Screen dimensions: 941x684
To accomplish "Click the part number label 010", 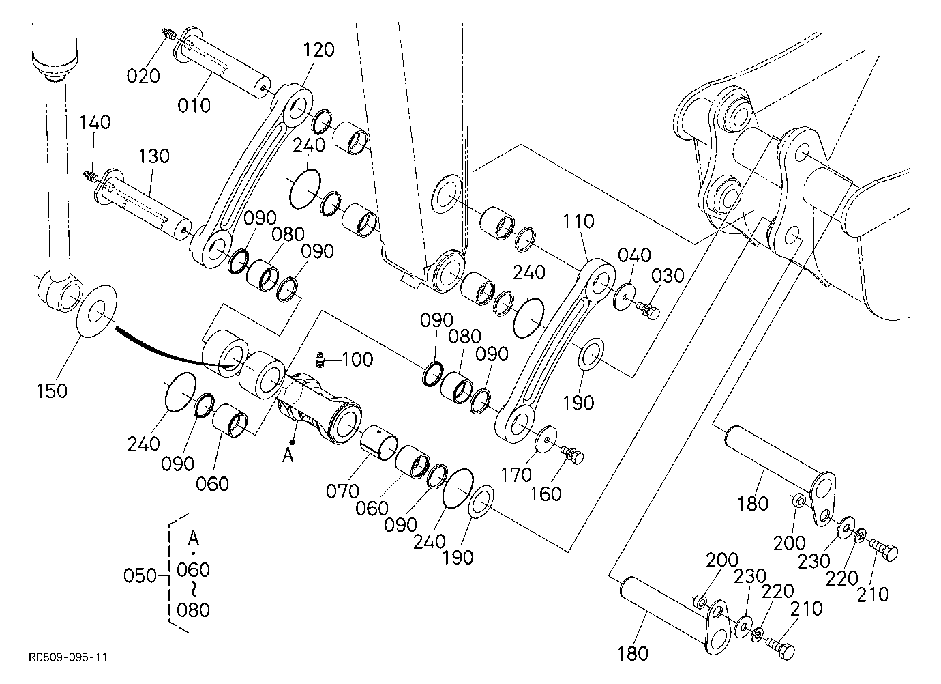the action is pyautogui.click(x=194, y=104).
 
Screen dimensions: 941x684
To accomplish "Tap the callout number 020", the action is pyautogui.click(x=143, y=76).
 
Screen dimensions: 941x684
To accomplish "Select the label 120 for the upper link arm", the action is pyautogui.click(x=318, y=50).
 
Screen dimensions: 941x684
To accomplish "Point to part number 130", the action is pyautogui.click(x=153, y=156).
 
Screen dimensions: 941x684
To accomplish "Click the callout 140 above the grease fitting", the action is pyautogui.click(x=95, y=122).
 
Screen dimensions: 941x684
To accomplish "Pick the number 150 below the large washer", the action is pyautogui.click(x=52, y=390).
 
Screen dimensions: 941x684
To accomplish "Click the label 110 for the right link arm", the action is pyautogui.click(x=578, y=221).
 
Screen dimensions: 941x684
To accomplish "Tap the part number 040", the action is pyautogui.click(x=634, y=255).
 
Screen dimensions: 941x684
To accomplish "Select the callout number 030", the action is pyautogui.click(x=668, y=276).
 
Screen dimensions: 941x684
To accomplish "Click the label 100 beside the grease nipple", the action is pyautogui.click(x=357, y=360).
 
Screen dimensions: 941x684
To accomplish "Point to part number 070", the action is pyautogui.click(x=343, y=491).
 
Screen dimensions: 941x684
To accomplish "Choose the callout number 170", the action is pyautogui.click(x=517, y=475).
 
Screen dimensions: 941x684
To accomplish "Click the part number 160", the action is pyautogui.click(x=546, y=494).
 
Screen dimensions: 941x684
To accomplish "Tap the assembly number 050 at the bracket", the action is pyautogui.click(x=140, y=575).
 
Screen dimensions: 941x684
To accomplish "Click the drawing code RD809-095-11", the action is pyautogui.click(x=68, y=657).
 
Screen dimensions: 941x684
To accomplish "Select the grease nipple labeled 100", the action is pyautogui.click(x=320, y=361).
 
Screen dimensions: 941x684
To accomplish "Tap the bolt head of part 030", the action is pyautogui.click(x=653, y=313).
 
